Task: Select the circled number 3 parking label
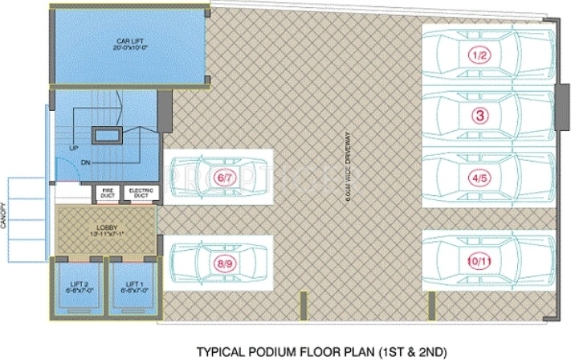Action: (480, 116)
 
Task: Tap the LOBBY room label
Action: (107, 227)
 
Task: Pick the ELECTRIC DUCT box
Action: (141, 193)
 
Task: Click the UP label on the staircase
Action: (74, 149)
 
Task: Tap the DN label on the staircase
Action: (85, 162)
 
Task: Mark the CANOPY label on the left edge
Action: (5, 216)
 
